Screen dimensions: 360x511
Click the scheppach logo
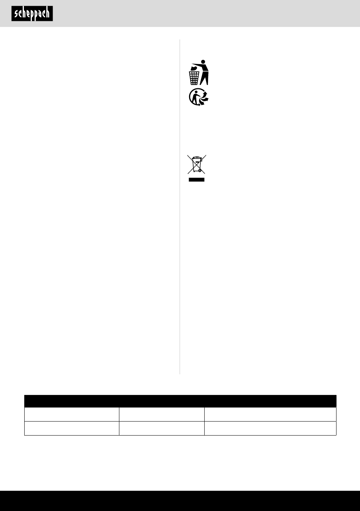tap(32, 14)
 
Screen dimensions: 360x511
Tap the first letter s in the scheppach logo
tap(16, 14)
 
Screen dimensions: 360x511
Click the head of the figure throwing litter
tap(203, 61)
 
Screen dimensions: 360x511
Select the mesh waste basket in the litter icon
tap(194, 78)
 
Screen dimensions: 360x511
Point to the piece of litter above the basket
tap(194, 68)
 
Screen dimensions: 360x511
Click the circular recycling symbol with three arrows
tap(199, 97)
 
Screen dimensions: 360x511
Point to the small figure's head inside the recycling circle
tap(196, 92)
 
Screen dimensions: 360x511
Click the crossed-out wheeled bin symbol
tap(197, 164)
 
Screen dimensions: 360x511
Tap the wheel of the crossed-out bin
tap(200, 171)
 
